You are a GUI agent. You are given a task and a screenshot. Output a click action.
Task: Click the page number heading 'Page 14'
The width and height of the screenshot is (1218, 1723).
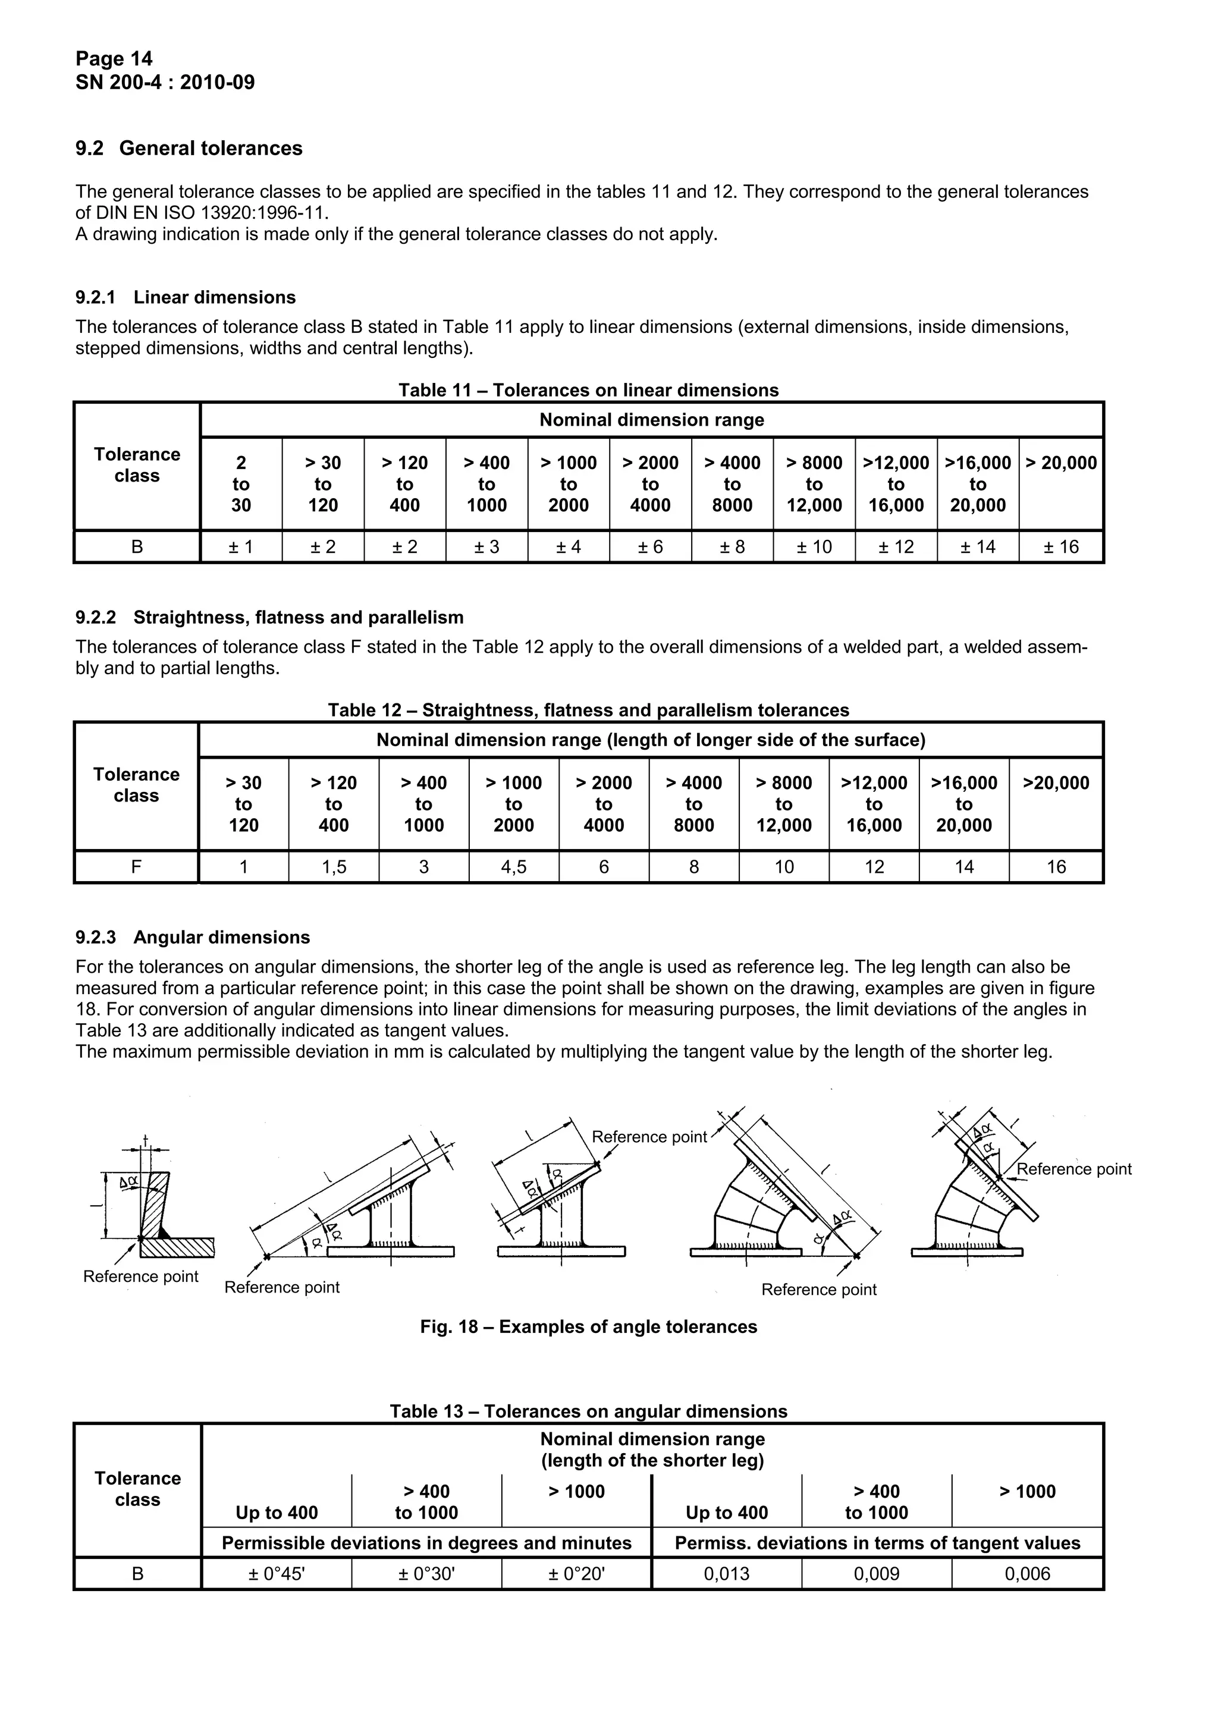point(114,58)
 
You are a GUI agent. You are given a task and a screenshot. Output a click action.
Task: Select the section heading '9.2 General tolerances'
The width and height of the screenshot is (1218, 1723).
point(189,149)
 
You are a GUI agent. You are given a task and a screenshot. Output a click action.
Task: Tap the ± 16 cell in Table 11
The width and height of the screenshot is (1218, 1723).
point(1060,547)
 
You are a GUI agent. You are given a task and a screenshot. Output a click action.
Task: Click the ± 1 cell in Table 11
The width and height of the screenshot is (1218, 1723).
point(241,547)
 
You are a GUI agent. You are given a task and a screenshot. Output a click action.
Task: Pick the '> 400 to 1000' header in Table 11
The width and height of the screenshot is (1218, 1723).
point(486,484)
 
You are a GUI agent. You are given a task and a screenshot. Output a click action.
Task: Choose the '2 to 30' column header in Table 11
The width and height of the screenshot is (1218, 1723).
point(241,484)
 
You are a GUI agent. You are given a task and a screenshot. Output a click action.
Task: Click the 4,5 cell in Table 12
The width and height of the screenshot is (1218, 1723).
point(513,867)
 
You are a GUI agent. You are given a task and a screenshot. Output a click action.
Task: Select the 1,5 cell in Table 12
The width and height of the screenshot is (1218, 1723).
point(334,867)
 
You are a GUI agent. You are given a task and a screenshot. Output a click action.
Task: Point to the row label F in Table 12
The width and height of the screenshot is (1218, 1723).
point(136,867)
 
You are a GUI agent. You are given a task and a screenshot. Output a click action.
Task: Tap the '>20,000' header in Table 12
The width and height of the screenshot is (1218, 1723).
point(1055,784)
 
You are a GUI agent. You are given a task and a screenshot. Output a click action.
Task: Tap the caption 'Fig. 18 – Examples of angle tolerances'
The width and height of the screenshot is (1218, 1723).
point(588,1328)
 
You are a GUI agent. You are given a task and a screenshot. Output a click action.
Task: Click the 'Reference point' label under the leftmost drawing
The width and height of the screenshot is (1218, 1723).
point(140,1277)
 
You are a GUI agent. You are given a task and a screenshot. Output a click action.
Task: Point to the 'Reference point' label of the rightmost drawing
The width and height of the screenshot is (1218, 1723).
point(1073,1169)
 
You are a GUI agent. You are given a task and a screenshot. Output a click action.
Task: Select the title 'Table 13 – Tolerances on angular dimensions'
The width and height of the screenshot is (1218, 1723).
point(588,1411)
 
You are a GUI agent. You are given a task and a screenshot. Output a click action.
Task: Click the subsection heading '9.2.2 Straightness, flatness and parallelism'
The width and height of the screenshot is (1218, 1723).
point(269,618)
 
